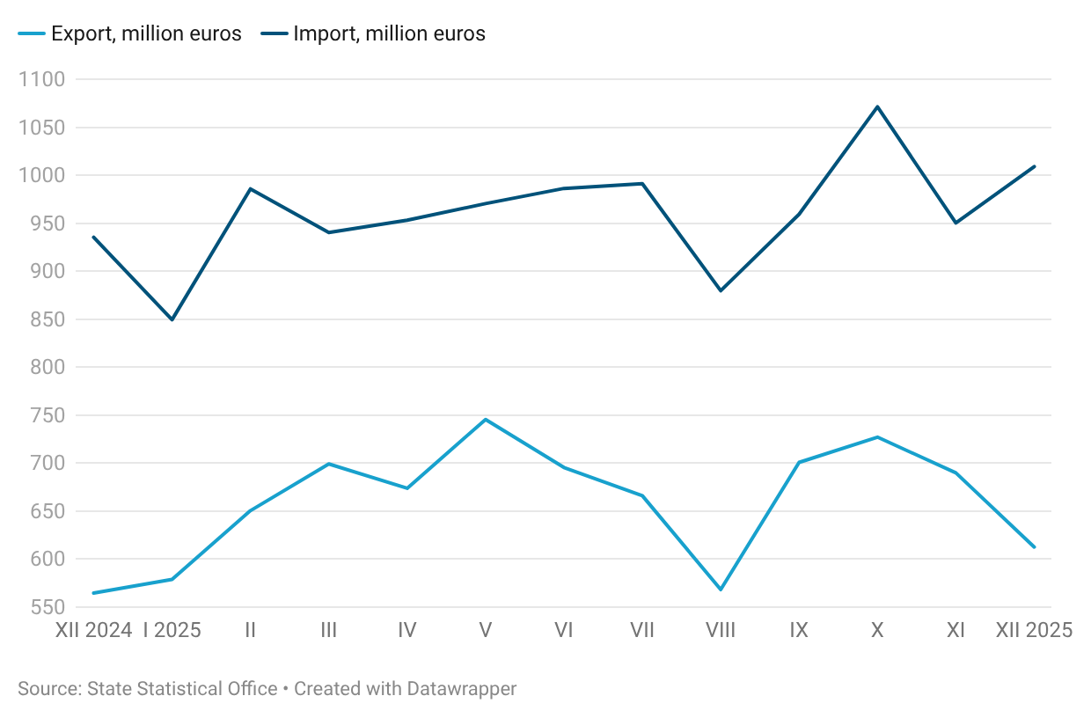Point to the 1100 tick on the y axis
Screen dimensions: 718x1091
pyautogui.click(x=41, y=80)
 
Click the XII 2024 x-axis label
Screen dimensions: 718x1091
pyautogui.click(x=93, y=630)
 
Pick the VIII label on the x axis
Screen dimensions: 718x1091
pyautogui.click(x=721, y=630)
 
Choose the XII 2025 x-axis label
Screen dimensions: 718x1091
pyautogui.click(x=1034, y=630)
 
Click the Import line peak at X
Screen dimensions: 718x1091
pyautogui.click(x=877, y=106)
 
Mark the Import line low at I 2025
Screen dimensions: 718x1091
pyautogui.click(x=172, y=319)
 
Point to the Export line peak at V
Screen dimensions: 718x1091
pyautogui.click(x=486, y=419)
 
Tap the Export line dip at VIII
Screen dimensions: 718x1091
pyautogui.click(x=721, y=590)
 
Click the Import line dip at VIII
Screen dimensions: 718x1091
pyautogui.click(x=721, y=290)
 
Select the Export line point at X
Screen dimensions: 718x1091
pyautogui.click(x=877, y=436)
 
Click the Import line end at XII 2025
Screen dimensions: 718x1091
pyautogui.click(x=1035, y=166)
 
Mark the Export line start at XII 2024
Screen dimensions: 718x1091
pyautogui.click(x=94, y=593)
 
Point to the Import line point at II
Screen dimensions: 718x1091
pyautogui.click(x=251, y=188)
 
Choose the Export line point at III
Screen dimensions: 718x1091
pyautogui.click(x=329, y=464)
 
